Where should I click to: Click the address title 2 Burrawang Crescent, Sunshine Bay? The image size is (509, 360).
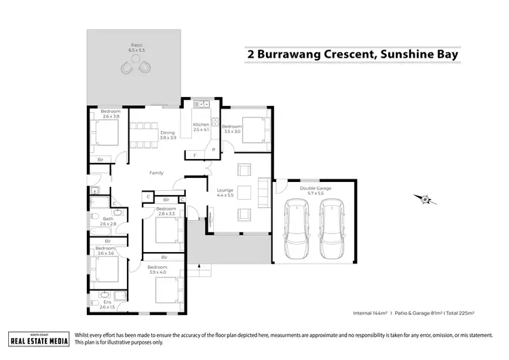click(x=350, y=54)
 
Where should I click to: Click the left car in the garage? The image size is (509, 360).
click(x=297, y=231)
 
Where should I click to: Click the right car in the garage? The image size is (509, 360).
click(x=333, y=231)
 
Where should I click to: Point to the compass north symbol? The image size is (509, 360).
click(x=426, y=199)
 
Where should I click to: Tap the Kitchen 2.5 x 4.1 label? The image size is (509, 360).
click(x=202, y=128)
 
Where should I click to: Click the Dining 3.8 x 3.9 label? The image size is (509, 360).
click(x=168, y=135)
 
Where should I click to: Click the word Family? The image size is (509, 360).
click(x=157, y=173)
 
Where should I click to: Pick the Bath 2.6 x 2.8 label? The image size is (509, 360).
click(x=109, y=222)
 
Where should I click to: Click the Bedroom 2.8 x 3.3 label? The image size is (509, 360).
click(x=166, y=211)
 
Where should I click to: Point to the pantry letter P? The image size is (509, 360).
click(x=213, y=149)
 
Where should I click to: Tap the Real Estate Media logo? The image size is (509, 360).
click(x=38, y=339)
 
